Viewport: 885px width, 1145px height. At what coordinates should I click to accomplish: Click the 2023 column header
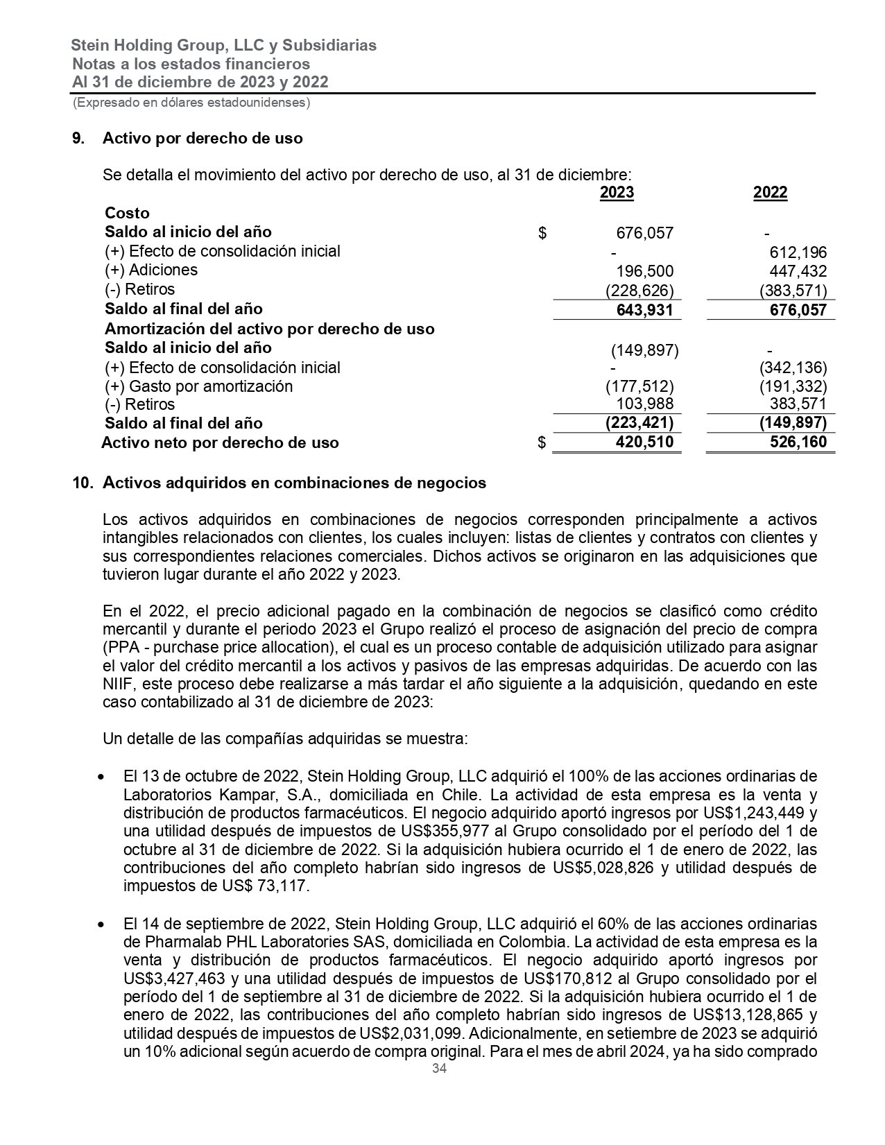(x=617, y=193)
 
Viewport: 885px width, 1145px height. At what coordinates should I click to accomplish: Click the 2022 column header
(x=770, y=193)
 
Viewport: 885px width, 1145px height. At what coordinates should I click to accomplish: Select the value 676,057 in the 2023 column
(x=644, y=233)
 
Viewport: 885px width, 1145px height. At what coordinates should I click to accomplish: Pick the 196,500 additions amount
(x=644, y=271)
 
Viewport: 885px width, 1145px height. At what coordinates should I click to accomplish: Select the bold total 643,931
(x=644, y=310)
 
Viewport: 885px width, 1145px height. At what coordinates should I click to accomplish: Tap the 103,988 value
(x=644, y=404)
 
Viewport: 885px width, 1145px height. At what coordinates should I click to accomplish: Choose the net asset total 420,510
(x=644, y=442)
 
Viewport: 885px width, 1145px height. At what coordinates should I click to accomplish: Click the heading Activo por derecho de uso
(x=203, y=138)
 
